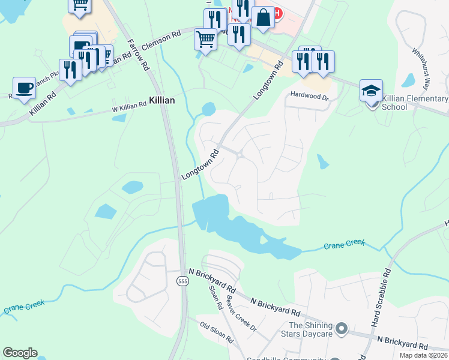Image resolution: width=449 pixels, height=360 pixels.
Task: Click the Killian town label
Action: [x=162, y=101]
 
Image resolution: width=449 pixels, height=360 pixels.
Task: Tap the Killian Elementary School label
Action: [x=414, y=103]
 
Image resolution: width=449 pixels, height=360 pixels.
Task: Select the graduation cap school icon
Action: [x=371, y=91]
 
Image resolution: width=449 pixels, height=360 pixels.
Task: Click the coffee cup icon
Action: [x=24, y=88]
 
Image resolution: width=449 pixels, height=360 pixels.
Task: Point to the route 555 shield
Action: [x=182, y=281]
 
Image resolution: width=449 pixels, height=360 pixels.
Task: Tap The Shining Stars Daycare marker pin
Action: [x=342, y=328]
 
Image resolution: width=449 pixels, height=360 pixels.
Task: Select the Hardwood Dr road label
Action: [x=309, y=95]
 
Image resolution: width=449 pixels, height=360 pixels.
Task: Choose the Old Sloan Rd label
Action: [x=217, y=333]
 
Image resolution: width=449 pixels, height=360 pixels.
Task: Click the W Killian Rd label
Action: [x=129, y=106]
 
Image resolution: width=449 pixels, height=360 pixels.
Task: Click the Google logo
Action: [x=20, y=353]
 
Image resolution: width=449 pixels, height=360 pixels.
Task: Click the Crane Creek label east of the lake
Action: [x=344, y=245]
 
